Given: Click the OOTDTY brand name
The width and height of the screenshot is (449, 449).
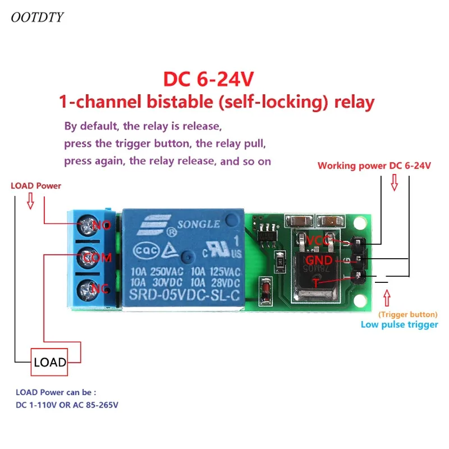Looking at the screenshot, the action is pos(37,17).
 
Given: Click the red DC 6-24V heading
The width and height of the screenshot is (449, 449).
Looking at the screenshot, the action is pos(208,79).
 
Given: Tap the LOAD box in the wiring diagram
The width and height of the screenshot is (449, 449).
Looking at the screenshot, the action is pos(49,362).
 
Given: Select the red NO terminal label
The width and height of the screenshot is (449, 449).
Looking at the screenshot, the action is pos(102,225).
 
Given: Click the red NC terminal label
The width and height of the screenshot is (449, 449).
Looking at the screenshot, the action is pos(100,288).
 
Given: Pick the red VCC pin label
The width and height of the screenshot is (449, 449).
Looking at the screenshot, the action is pos(318,240).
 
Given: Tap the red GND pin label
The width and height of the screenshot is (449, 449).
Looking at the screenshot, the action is pos(319,260).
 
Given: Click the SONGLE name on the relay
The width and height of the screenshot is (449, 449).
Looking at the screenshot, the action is pos(199,224).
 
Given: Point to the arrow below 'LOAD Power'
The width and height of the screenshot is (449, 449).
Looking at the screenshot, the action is pos(30,201).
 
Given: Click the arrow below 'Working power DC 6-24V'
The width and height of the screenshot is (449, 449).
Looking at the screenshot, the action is pos(395,182).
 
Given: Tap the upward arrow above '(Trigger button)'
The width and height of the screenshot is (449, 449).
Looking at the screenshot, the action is pos(387,298).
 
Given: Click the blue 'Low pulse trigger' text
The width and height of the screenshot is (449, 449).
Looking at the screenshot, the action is pos(399,324).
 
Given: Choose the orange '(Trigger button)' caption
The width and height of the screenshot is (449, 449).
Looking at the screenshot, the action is pos(408,314).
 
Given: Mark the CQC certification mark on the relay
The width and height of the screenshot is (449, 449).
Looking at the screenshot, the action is pos(146,250).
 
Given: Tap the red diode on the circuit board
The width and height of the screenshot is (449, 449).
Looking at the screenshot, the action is pos(266,291).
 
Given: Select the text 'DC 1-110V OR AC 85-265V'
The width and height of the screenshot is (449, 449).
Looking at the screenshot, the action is pos(67,405).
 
